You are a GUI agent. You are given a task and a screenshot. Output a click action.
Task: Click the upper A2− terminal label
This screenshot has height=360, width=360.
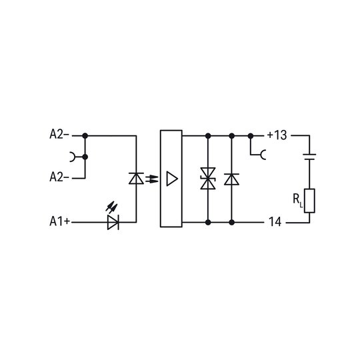pos(59,135)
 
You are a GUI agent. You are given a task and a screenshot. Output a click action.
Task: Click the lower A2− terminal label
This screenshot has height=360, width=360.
pos(59,177)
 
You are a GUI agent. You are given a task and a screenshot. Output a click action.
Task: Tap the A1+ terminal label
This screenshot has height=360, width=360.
pos(60,221)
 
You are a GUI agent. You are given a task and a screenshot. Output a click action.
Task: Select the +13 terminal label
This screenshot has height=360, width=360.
pos(277,135)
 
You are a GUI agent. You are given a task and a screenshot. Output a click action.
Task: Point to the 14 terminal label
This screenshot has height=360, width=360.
pos(275,222)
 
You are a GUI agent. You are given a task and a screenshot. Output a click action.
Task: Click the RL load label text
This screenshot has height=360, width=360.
pos(298,200)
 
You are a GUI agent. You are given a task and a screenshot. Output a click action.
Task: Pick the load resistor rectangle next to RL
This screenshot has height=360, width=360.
pos(309,201)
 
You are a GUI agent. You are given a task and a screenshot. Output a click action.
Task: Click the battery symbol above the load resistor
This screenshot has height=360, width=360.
pos(309,157)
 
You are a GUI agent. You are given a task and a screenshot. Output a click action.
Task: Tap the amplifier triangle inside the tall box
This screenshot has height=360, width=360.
pos(172,179)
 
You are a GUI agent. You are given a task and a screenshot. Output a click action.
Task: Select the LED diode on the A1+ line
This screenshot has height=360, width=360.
pos(113,222)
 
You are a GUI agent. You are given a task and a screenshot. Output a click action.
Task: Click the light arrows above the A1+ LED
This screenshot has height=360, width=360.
pos(111,207)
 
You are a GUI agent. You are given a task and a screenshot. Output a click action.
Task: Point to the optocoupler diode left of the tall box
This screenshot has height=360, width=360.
pos(136,179)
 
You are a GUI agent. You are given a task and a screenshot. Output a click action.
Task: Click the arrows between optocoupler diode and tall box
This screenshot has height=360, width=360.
pos(152,179)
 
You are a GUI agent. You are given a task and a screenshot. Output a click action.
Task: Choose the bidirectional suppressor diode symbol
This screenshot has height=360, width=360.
pos(208,179)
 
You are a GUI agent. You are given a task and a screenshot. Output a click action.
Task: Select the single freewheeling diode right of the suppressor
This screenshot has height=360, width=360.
pos(231,179)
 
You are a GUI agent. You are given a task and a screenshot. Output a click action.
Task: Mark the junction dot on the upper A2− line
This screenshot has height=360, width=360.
pos(85,136)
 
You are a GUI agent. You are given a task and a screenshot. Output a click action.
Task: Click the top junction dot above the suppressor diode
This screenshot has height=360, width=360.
pos(208,136)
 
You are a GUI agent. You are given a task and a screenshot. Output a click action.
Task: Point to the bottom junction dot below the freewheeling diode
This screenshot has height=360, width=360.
pos(231,222)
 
